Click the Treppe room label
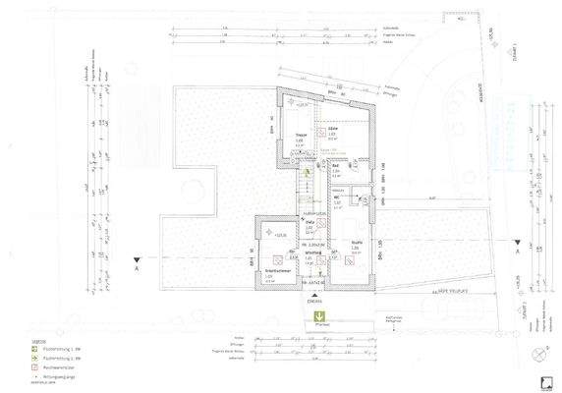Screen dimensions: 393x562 tap(302, 136)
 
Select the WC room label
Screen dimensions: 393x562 tap(336, 199)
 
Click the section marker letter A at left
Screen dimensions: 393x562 tap(139, 267)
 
